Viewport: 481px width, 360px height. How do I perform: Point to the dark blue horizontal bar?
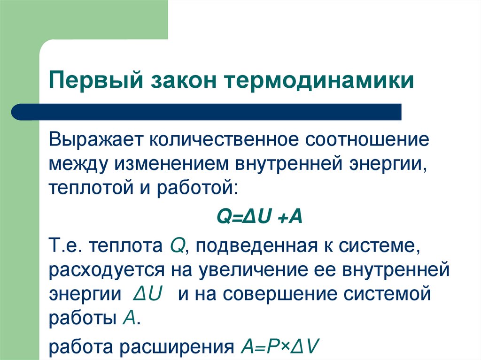pos(207,112)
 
